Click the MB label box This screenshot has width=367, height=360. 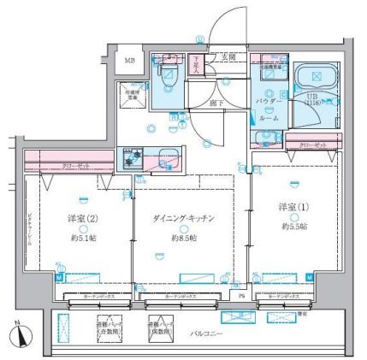(130, 61)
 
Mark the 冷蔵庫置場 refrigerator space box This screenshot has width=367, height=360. (130, 95)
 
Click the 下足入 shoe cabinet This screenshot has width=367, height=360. (196, 65)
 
